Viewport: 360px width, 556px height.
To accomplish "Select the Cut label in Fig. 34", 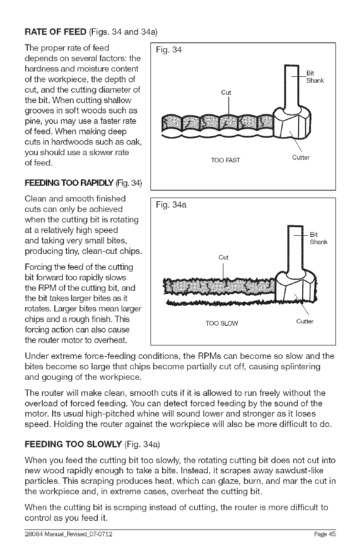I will (x=225, y=93).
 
